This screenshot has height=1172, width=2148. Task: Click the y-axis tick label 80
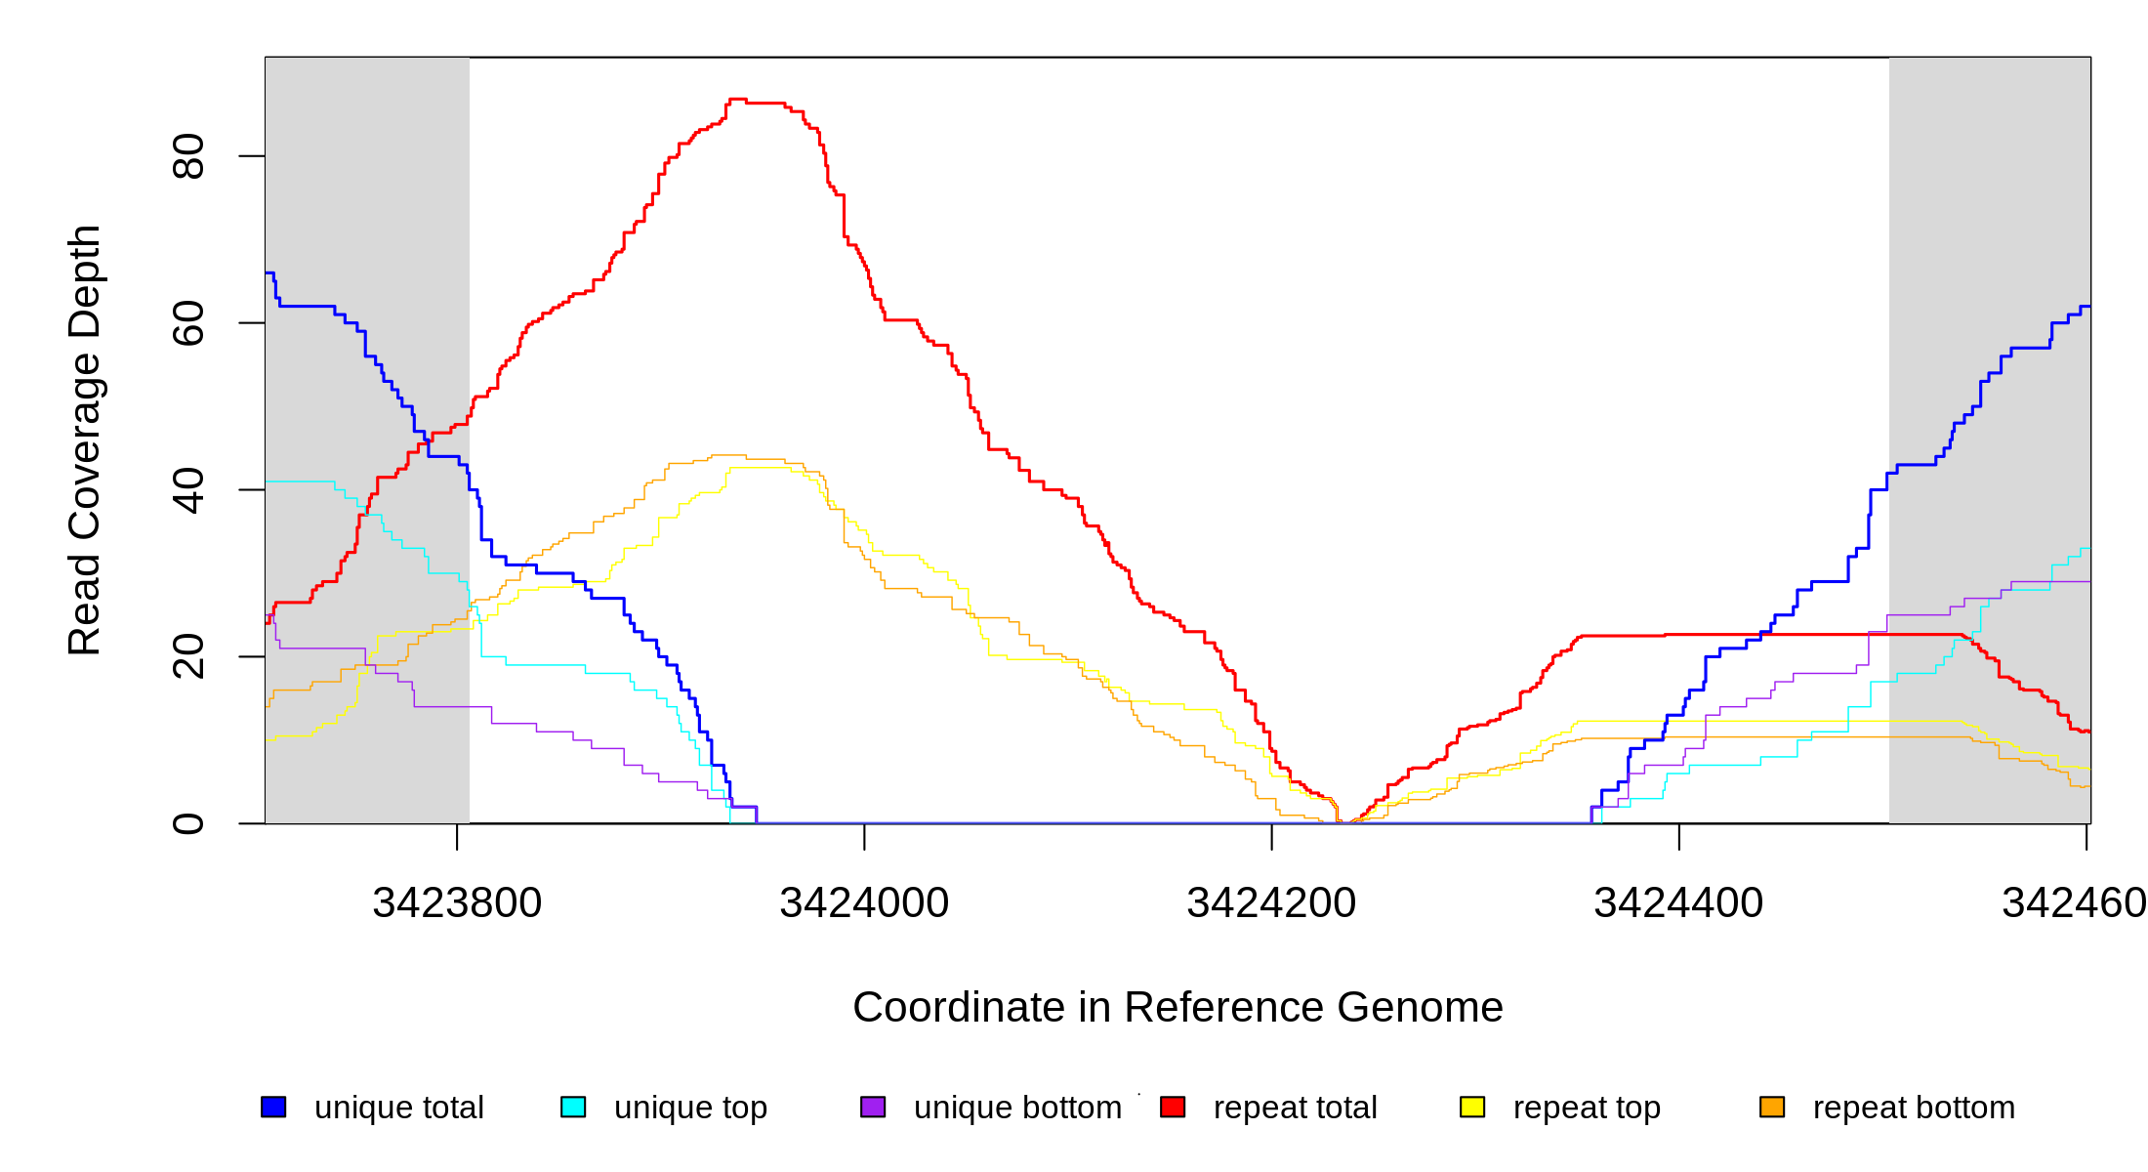click(x=187, y=156)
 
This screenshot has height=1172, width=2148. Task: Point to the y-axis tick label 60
click(x=187, y=323)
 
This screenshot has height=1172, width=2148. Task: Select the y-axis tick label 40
click(x=187, y=490)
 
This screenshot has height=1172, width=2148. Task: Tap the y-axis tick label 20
click(x=187, y=656)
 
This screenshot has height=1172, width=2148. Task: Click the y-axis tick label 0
click(x=187, y=823)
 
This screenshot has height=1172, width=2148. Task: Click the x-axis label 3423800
click(x=457, y=903)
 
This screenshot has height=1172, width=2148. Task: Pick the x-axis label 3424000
click(x=864, y=903)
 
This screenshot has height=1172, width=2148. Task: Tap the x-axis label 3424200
click(x=1271, y=903)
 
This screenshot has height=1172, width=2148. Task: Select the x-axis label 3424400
click(x=1678, y=903)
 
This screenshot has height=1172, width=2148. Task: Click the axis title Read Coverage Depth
click(x=84, y=439)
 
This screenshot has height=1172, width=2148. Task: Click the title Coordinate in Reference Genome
click(x=1177, y=1007)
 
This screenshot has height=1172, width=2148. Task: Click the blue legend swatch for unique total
click(x=273, y=1107)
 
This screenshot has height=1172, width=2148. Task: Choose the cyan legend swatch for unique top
click(x=573, y=1107)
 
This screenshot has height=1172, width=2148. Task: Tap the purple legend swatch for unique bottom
click(x=873, y=1107)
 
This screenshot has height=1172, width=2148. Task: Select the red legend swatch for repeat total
click(x=1173, y=1107)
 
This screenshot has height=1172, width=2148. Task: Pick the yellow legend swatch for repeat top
click(x=1472, y=1107)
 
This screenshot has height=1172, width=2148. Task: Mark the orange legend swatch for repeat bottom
click(x=1772, y=1107)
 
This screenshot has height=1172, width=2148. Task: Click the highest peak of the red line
click(x=737, y=100)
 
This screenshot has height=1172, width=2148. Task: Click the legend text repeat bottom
click(x=1914, y=1108)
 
